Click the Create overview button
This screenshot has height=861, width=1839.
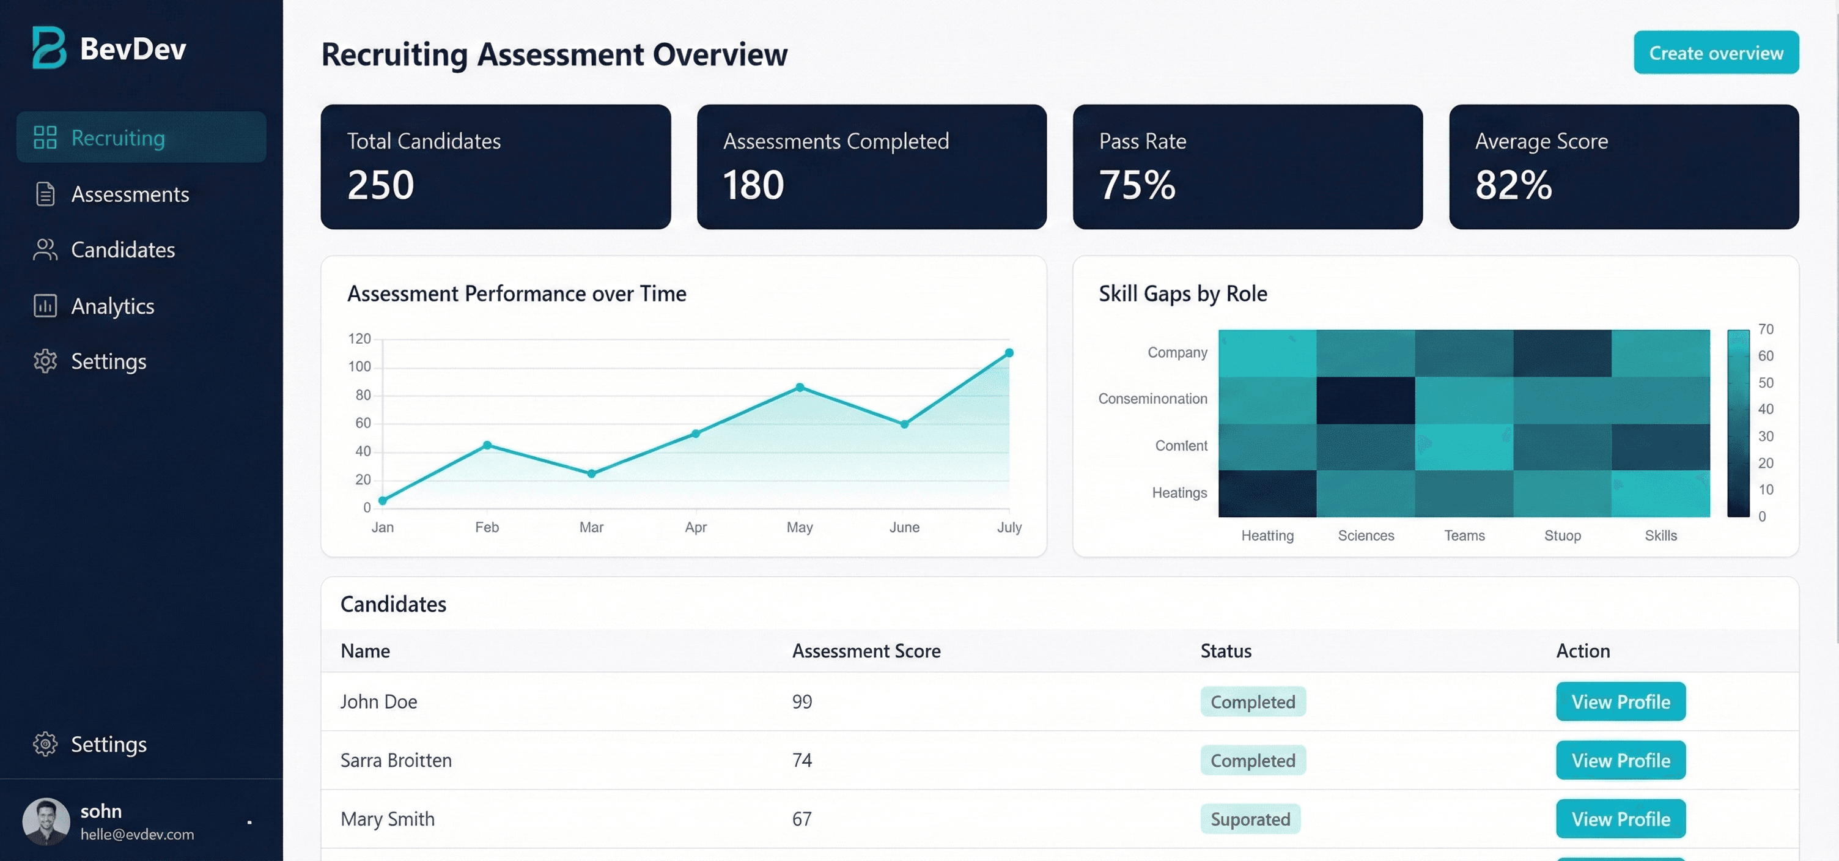[1716, 53]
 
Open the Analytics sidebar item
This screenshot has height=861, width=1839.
[112, 306]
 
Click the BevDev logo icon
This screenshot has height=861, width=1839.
[48, 48]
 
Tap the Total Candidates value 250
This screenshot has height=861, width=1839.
[380, 185]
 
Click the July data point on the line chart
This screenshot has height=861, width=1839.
[1009, 353]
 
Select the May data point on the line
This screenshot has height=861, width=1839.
[800, 387]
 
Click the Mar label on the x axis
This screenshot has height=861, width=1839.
[591, 527]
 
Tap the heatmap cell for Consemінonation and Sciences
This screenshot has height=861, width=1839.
[1365, 400]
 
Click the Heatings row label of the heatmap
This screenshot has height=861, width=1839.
[1179, 493]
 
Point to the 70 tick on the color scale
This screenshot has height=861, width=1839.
[1766, 329]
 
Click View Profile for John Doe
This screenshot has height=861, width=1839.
[1620, 702]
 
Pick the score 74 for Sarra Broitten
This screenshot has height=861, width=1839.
[801, 760]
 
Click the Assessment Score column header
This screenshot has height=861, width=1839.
[865, 651]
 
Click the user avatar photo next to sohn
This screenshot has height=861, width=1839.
[46, 821]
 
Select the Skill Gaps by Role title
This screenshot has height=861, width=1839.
[1182, 294]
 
